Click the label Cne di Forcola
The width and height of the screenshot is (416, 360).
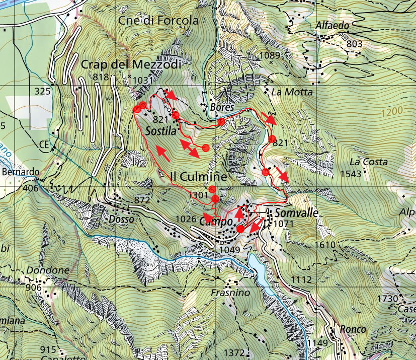pyautogui.click(x=158, y=21)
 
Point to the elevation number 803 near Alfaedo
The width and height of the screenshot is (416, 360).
pyautogui.click(x=354, y=44)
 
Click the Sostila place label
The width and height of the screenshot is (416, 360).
pyautogui.click(x=160, y=131)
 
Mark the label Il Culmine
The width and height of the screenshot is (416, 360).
pyautogui.click(x=198, y=177)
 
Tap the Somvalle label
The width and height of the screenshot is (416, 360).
pyautogui.click(x=296, y=213)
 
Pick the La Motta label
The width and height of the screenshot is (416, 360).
pyautogui.click(x=292, y=92)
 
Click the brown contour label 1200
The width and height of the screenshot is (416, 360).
pyautogui.click(x=392, y=113)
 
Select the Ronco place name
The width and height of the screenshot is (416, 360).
pyautogui.click(x=353, y=329)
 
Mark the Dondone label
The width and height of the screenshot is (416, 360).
pyautogui.click(x=48, y=270)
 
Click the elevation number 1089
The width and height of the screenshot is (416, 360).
pyautogui.click(x=270, y=55)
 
